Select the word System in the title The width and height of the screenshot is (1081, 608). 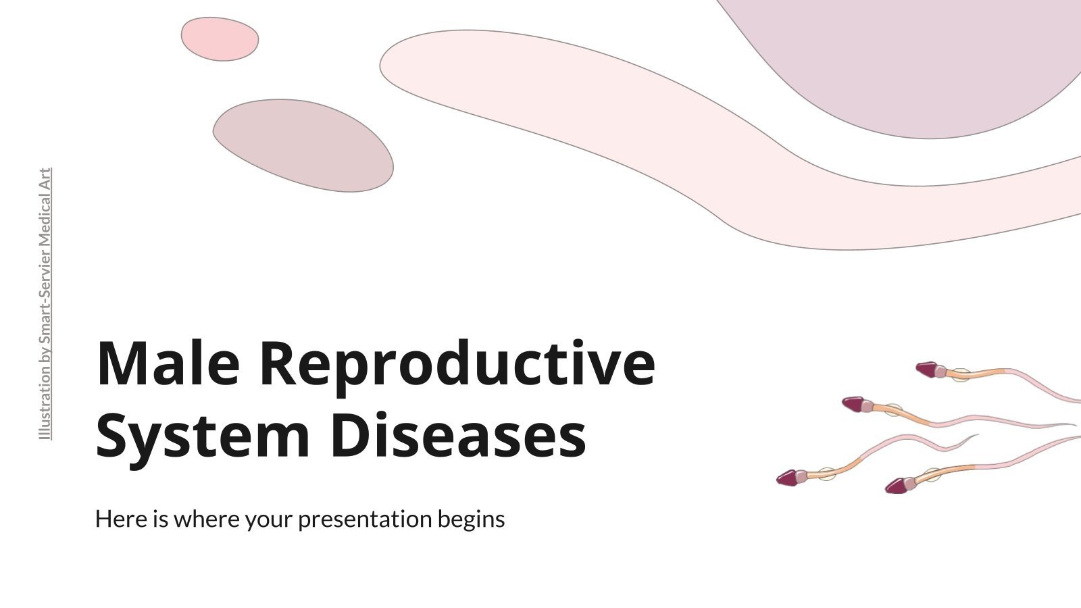203,436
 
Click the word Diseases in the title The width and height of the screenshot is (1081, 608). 459,436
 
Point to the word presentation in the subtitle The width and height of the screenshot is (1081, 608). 366,520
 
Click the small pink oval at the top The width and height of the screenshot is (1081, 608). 220,39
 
